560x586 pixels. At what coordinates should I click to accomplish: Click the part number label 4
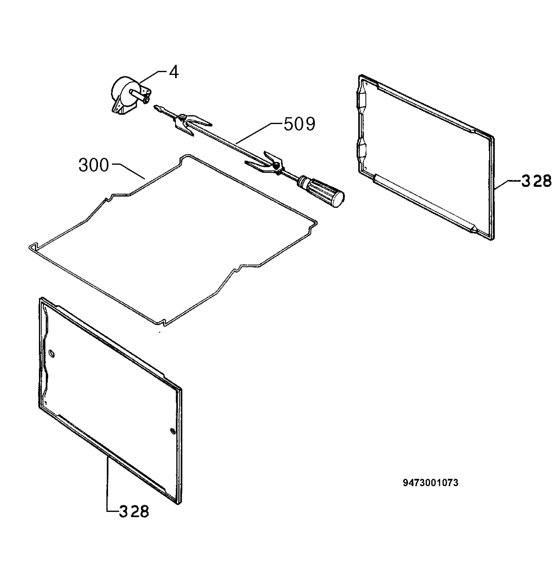click(x=174, y=72)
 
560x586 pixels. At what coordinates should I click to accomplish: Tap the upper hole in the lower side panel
click(x=52, y=353)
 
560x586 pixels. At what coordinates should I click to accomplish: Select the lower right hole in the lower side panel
click(x=172, y=431)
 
